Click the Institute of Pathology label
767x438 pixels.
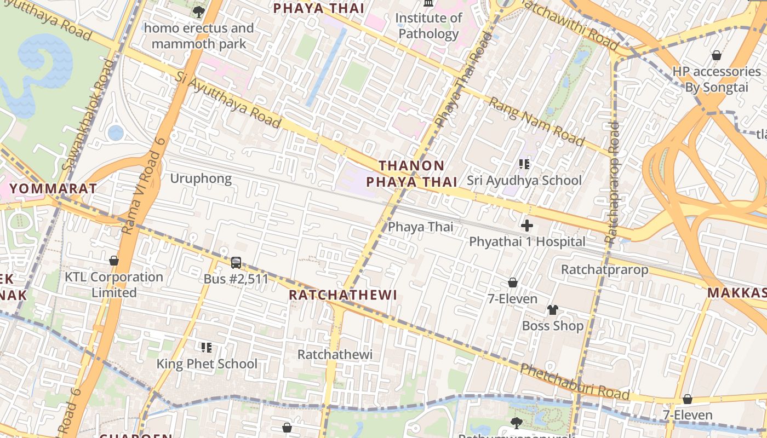(428, 26)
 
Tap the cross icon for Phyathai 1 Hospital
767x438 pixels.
(527, 226)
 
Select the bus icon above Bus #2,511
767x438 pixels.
(236, 263)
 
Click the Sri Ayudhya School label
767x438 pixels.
(524, 180)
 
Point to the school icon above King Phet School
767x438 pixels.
(207, 347)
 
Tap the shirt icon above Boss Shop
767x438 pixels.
(552, 310)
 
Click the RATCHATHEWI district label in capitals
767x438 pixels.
(342, 295)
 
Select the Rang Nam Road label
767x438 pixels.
(537, 122)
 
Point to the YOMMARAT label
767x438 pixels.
(53, 188)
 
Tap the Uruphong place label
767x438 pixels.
(201, 178)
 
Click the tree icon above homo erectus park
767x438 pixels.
(198, 11)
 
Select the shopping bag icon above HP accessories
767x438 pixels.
(716, 55)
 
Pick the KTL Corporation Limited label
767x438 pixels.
(114, 285)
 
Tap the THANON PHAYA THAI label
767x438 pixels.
(411, 174)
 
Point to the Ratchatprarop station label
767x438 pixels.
(604, 269)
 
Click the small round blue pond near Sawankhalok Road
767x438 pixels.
(116, 132)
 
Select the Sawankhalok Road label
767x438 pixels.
(89, 115)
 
